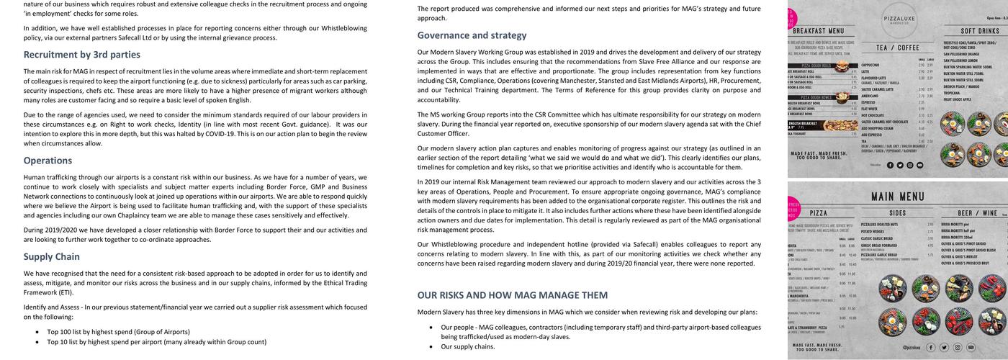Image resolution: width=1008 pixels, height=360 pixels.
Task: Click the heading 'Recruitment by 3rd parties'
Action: (x=82, y=55)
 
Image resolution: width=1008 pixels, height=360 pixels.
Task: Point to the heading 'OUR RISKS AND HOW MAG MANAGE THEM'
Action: (x=513, y=295)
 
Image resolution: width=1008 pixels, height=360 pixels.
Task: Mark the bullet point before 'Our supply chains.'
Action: (x=431, y=347)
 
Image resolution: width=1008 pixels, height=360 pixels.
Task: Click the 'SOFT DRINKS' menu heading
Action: (x=980, y=32)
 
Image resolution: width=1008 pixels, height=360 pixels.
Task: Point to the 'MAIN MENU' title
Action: (x=897, y=197)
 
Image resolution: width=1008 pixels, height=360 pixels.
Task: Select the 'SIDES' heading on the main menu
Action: (x=897, y=214)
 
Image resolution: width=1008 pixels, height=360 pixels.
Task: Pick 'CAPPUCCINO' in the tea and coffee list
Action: (x=875, y=65)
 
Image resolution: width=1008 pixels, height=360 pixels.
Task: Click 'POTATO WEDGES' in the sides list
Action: (x=878, y=231)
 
